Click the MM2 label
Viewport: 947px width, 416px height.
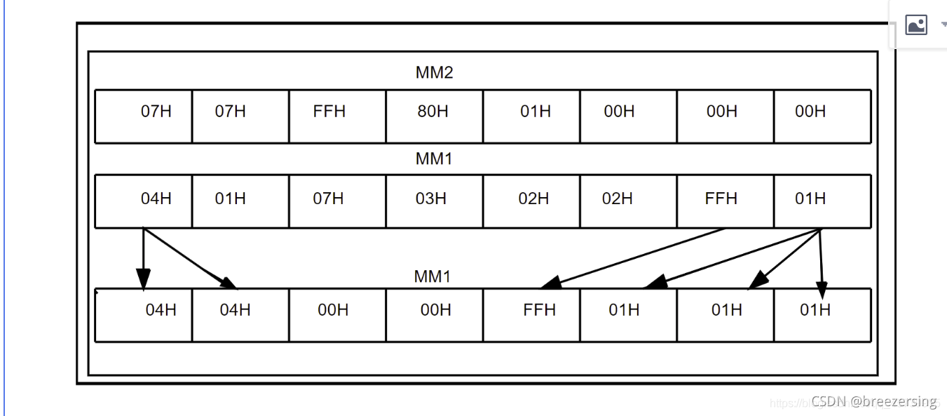pos(434,72)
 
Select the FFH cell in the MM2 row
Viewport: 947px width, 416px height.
pos(329,112)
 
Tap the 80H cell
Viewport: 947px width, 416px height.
pos(432,112)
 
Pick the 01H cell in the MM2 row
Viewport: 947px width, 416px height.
pos(536,112)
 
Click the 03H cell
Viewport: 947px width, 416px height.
pos(430,199)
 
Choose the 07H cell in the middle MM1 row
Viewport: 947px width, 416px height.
pos(328,199)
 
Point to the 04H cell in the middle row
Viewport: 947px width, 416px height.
pos(156,199)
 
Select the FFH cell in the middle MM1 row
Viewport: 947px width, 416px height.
pos(721,199)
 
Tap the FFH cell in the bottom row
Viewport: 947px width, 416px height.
pos(539,309)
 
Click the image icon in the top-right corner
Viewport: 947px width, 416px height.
pos(916,25)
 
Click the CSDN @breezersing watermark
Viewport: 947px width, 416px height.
pos(873,401)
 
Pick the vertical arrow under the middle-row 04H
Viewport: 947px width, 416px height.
pos(144,258)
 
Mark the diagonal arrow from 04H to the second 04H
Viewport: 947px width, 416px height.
pos(191,258)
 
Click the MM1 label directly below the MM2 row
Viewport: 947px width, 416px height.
pos(434,159)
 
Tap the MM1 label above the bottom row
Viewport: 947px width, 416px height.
pos(432,276)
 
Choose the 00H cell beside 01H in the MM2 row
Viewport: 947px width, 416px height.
pos(619,112)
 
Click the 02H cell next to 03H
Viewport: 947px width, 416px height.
pos(533,199)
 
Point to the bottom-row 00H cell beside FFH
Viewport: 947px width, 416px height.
pos(435,309)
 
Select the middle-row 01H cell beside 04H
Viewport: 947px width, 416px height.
pos(230,199)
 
